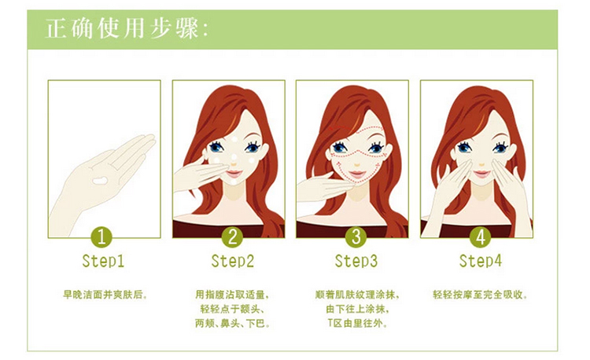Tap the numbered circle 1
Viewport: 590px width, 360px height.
coord(101,237)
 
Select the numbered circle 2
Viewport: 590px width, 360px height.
coord(232,237)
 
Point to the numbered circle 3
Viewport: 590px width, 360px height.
coord(356,237)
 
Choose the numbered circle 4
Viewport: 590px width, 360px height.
coord(481,237)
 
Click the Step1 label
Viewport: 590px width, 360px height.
coord(103,261)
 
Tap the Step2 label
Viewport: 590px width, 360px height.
coord(233,261)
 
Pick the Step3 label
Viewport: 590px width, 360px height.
coord(356,261)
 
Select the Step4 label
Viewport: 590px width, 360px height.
coord(481,261)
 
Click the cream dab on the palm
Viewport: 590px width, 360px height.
coord(100,181)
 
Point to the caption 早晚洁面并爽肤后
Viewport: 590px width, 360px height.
coord(105,295)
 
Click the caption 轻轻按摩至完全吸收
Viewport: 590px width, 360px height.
coord(480,295)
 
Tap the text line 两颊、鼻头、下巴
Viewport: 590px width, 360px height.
coord(232,323)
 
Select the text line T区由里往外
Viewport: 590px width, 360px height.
coord(357,323)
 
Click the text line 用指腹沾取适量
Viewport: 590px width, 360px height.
coord(232,295)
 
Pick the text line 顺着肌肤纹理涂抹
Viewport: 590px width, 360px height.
coord(356,295)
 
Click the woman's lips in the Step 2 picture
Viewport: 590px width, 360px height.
coord(234,174)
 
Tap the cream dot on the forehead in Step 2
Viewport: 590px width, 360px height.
coord(234,139)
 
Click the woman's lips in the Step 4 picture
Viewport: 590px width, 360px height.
coord(481,174)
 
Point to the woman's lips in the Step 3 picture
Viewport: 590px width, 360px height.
coord(357,174)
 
